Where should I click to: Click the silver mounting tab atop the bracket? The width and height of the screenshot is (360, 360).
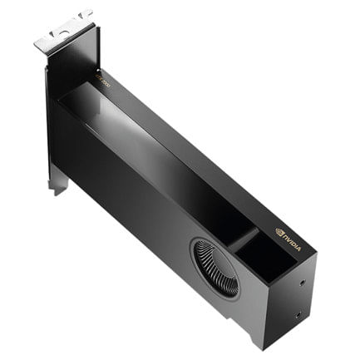[x=62, y=31]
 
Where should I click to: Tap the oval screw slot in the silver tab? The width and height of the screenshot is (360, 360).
[x=61, y=31]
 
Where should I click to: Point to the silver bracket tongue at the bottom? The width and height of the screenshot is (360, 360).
[x=57, y=185]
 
